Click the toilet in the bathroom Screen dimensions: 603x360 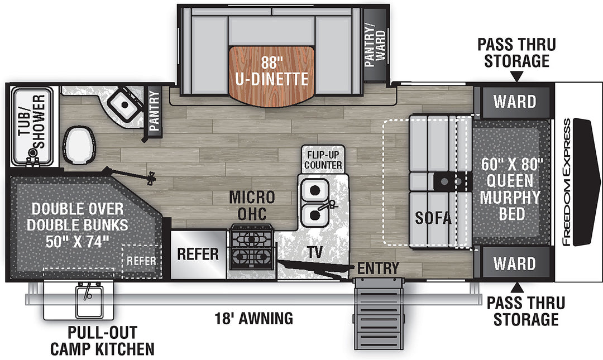79,145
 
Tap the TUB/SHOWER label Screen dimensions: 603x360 32,122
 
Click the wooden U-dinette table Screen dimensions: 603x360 271,75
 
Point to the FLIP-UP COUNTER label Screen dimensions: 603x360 323,160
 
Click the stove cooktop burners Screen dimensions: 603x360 251,247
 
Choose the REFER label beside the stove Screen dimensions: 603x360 198,254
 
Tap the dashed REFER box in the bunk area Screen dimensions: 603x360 141,261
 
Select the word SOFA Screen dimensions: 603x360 433,218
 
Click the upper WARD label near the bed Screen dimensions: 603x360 515,102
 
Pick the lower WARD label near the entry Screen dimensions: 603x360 515,264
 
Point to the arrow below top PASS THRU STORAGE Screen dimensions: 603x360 516,77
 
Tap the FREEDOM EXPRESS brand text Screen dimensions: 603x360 567,182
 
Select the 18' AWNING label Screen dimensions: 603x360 254,319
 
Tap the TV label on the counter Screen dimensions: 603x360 314,252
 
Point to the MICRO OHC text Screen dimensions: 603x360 252,205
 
